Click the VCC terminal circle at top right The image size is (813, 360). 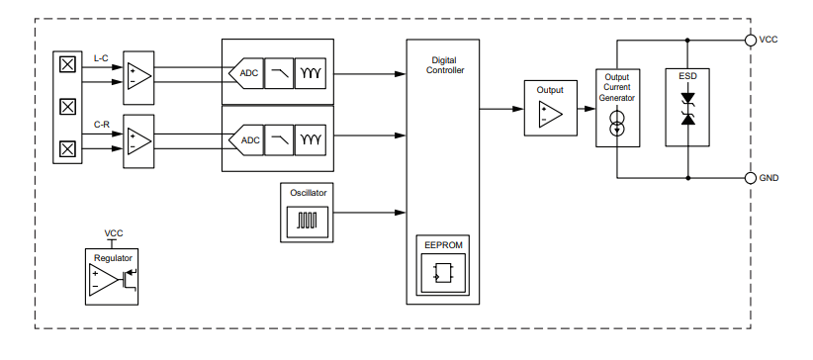click(751, 41)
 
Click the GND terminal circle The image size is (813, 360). click(751, 178)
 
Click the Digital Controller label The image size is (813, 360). click(442, 65)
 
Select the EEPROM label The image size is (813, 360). click(442, 243)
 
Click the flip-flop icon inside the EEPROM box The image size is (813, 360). click(442, 272)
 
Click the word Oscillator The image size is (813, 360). click(307, 192)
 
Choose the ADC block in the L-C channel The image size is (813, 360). click(246, 73)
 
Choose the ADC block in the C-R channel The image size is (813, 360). click(246, 139)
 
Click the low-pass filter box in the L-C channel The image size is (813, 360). click(279, 73)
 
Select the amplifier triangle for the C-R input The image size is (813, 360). click(138, 139)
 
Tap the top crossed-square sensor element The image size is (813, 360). click(67, 65)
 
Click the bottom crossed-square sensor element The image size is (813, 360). click(67, 149)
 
